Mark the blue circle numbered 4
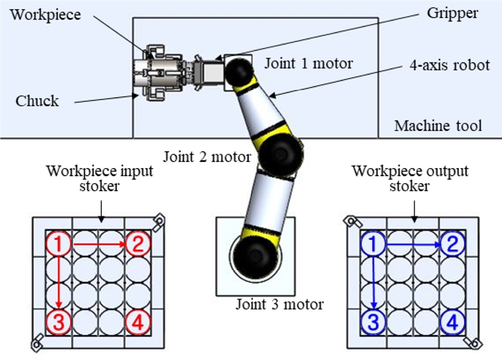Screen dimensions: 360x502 [452, 322]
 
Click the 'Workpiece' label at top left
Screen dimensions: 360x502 [45, 14]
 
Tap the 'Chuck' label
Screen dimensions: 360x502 [38, 100]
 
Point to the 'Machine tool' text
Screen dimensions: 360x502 [438, 126]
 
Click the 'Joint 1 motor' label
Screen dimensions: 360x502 [308, 63]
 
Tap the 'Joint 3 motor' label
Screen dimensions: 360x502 [279, 305]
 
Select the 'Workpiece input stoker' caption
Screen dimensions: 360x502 [100, 178]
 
